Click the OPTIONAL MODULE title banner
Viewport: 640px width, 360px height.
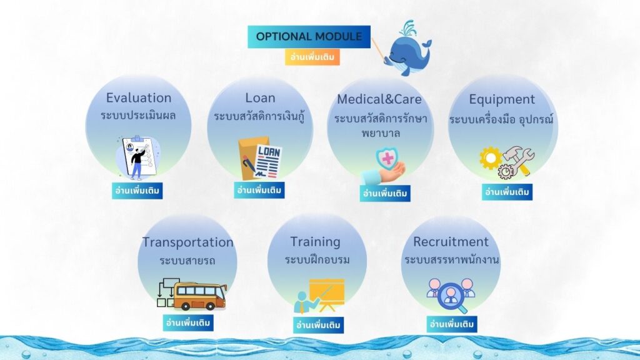point(309,37)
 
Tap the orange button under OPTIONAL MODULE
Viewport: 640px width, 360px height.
point(312,57)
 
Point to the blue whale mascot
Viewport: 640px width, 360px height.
point(408,49)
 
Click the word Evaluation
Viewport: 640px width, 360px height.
point(139,98)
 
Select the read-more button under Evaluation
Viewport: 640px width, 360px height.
point(137,191)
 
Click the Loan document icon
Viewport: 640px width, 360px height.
point(260,159)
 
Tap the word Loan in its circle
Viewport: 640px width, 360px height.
point(260,98)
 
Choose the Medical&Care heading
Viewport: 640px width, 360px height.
point(379,99)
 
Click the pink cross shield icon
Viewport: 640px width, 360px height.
point(387,159)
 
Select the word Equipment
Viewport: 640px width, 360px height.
point(502,99)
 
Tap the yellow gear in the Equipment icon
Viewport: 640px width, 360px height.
point(490,158)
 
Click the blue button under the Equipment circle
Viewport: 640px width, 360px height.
point(507,192)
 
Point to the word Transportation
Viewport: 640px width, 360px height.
point(187,242)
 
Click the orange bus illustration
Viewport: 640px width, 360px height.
point(199,296)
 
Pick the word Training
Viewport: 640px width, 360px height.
point(315,242)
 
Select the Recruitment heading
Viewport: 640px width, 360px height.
point(451,242)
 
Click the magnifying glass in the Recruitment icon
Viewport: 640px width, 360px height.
point(452,297)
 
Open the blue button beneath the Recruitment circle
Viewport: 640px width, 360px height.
point(452,324)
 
